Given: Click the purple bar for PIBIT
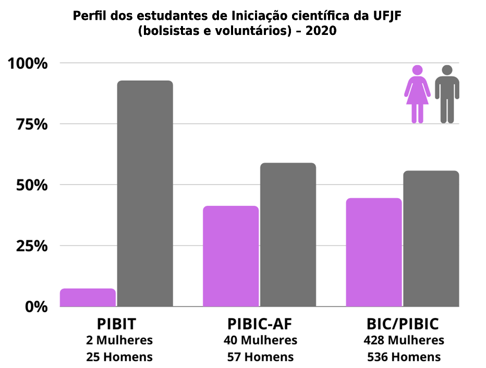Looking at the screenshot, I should (88, 298).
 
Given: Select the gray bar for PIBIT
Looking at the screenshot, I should (144, 193).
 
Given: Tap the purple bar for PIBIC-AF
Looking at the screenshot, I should (230, 256).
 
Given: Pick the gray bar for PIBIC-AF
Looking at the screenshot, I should (288, 235).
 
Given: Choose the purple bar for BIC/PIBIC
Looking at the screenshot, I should (374, 252).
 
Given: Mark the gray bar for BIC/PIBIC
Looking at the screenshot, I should (431, 238).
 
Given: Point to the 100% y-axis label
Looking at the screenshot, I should (28, 64).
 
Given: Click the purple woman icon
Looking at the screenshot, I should (417, 94).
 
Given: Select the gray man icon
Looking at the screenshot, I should (447, 94).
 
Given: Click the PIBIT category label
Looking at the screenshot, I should (116, 324).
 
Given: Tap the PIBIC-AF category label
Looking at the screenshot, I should (259, 324).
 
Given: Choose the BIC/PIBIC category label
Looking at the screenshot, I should (403, 324).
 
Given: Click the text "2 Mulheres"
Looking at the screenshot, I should (119, 340).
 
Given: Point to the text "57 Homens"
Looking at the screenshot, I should (260, 357).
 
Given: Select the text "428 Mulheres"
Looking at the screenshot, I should (404, 340).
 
